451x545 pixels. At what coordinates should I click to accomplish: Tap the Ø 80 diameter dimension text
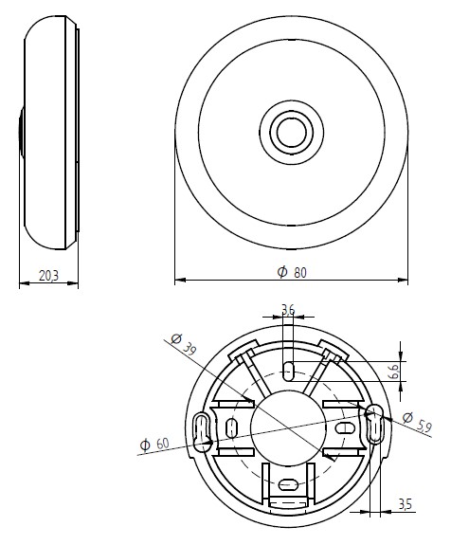pyautogui.click(x=292, y=272)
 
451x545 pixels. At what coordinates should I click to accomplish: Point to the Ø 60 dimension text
pyautogui.click(x=153, y=444)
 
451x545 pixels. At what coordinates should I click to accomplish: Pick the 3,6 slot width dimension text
pyautogui.click(x=289, y=308)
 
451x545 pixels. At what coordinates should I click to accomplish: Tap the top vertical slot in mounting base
pyautogui.click(x=288, y=369)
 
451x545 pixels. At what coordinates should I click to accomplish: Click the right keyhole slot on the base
pyautogui.click(x=374, y=424)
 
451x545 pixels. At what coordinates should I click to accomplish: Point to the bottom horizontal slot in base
pyautogui.click(x=288, y=488)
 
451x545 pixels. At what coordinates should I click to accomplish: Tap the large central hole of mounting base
pyautogui.click(x=288, y=427)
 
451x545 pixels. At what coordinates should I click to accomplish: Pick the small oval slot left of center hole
pyautogui.click(x=232, y=427)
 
